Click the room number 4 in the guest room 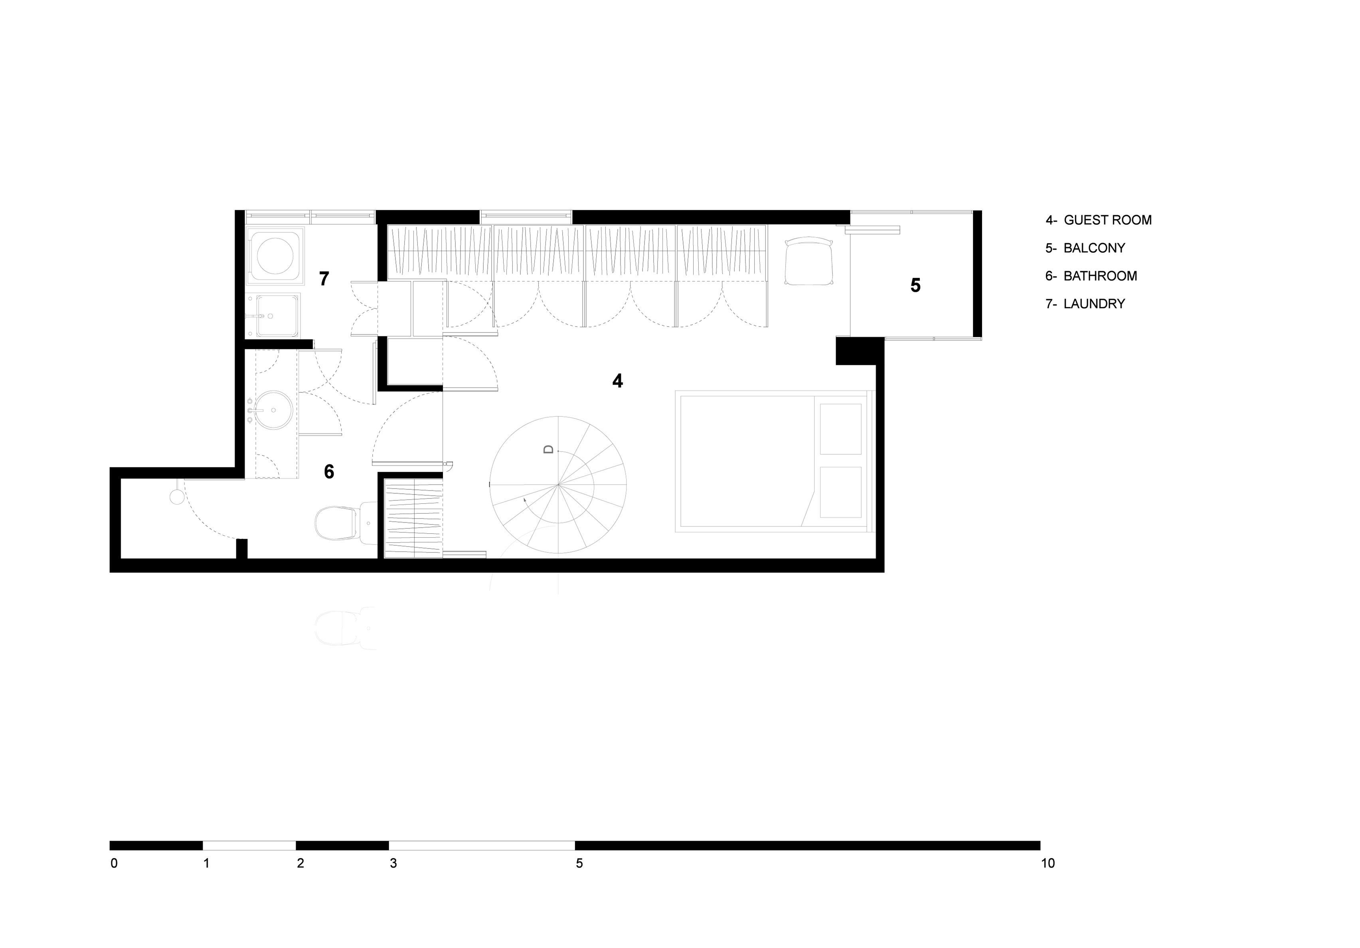pos(617,381)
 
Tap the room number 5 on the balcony pos(915,285)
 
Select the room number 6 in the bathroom pos(329,472)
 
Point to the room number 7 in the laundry pos(324,279)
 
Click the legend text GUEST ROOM pos(1108,220)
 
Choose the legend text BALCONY pos(1094,248)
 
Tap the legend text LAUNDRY pos(1094,304)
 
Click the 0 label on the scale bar pos(114,864)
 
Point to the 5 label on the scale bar pos(579,864)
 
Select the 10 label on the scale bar pos(1048,864)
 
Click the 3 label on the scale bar pos(393,864)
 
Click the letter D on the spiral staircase pos(548,449)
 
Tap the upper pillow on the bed pos(840,429)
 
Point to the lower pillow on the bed pos(840,492)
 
